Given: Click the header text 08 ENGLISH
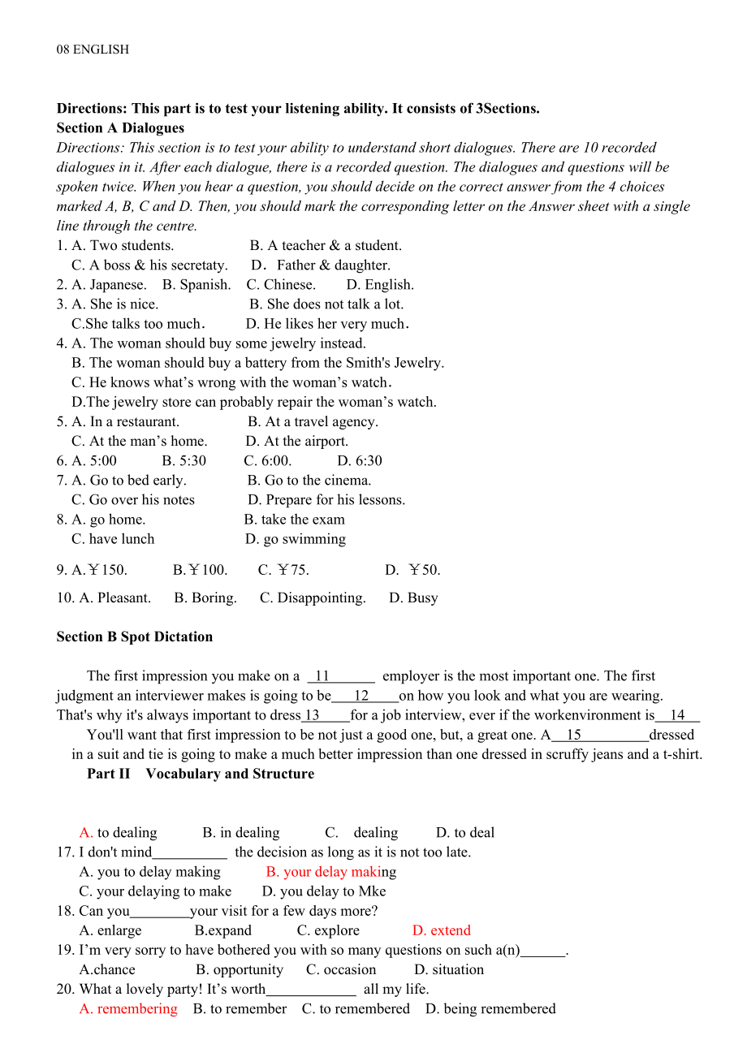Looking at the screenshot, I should pos(93,50).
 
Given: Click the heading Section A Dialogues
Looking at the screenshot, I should pos(120,128).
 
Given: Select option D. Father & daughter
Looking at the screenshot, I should pos(321,265).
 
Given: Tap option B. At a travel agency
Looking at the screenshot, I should pos(313,422).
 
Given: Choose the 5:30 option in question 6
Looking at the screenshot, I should pos(184,461).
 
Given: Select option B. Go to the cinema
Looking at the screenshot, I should pos(309,481).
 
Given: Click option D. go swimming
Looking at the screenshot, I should pos(296,539).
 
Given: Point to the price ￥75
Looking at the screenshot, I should pos(283,571).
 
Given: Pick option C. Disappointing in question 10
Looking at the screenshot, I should pos(313,598).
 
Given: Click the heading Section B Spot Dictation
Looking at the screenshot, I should pos(135,637).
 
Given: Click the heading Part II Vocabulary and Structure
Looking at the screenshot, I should pos(201,774).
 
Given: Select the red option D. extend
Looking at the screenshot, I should pos(442,930).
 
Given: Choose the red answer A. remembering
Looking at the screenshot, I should pos(128,1009).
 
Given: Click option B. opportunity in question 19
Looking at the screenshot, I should pos(240,970).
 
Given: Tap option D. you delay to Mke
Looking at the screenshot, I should pos(324,891).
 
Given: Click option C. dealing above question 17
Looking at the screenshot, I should pos(362,833).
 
